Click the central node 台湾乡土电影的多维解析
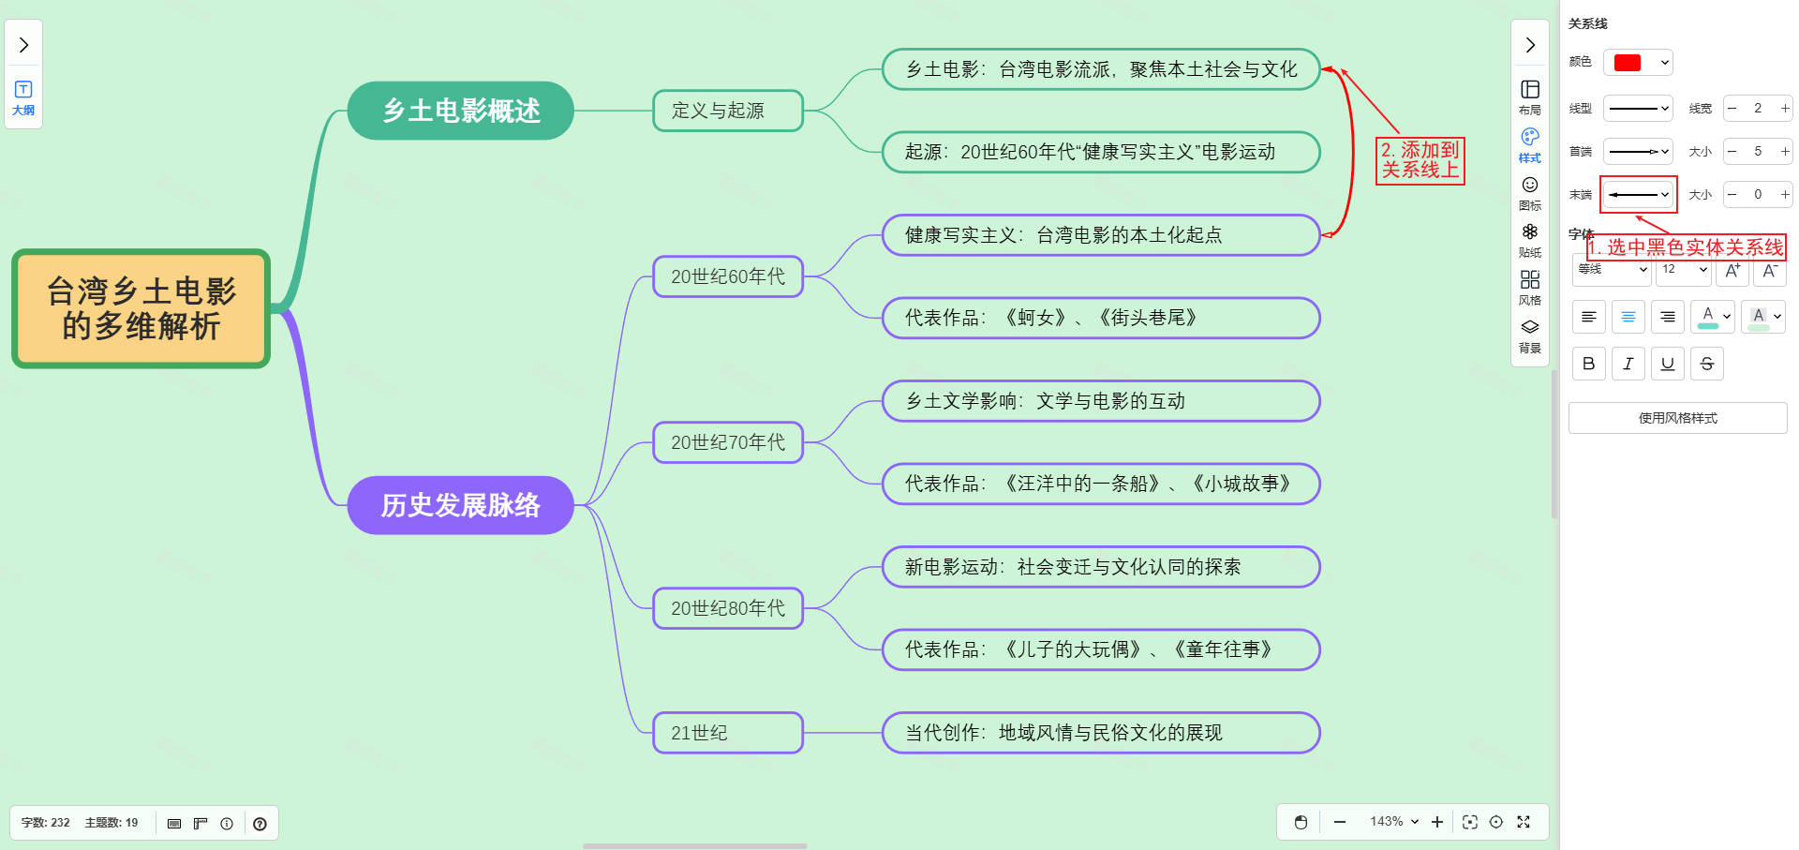click(141, 308)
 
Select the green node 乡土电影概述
click(460, 111)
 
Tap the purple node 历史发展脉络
click(460, 505)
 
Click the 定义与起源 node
click(727, 111)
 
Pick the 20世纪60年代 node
click(727, 276)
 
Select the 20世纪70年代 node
click(727, 442)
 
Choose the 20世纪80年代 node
click(727, 608)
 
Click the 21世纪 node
click(727, 733)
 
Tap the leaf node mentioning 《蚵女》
click(1100, 318)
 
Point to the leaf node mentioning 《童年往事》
click(1100, 649)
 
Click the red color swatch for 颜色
click(1628, 63)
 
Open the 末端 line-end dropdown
click(1638, 195)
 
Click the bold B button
click(1588, 364)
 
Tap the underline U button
click(1667, 364)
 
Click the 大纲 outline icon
click(23, 97)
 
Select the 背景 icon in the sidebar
click(1529, 335)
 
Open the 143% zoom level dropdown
click(1393, 822)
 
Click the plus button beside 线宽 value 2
click(1785, 109)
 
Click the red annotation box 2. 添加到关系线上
click(1420, 160)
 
